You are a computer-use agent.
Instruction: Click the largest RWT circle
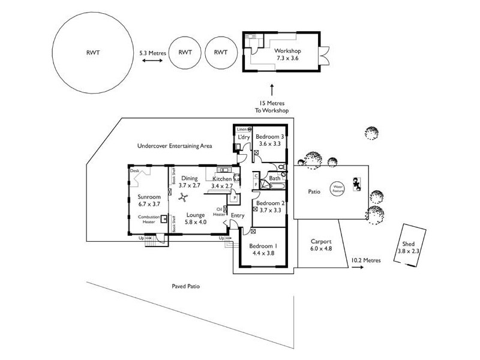click(x=91, y=53)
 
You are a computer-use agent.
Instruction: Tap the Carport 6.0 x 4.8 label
click(x=321, y=245)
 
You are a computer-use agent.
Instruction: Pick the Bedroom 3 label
click(x=269, y=140)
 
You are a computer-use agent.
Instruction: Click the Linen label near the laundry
click(x=241, y=129)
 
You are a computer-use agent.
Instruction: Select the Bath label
click(x=274, y=178)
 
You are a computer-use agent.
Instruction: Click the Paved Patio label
click(x=185, y=287)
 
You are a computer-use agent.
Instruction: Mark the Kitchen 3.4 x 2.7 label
click(x=222, y=182)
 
